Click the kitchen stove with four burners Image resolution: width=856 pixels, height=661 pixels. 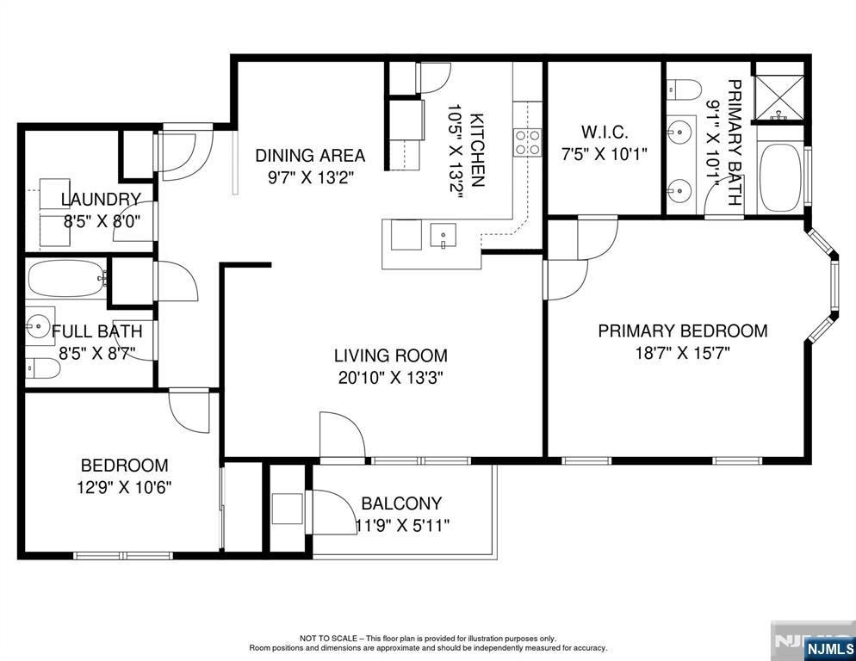coord(527,143)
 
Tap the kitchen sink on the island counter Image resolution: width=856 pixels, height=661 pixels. coord(443,236)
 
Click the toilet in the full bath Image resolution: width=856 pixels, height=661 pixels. coord(42,368)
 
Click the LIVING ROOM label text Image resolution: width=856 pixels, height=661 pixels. coord(391,355)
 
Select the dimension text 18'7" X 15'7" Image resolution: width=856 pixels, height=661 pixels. coord(682,353)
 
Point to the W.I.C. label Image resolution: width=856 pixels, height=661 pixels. coord(605,132)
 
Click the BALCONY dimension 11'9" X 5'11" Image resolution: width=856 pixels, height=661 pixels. coord(402,525)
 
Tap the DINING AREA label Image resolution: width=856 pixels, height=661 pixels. coord(310,156)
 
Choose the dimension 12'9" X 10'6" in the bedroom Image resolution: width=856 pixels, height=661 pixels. coord(125,487)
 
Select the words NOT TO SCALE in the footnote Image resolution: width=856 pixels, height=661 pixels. coord(329,638)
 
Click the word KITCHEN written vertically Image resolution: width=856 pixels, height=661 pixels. coord(476,150)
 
